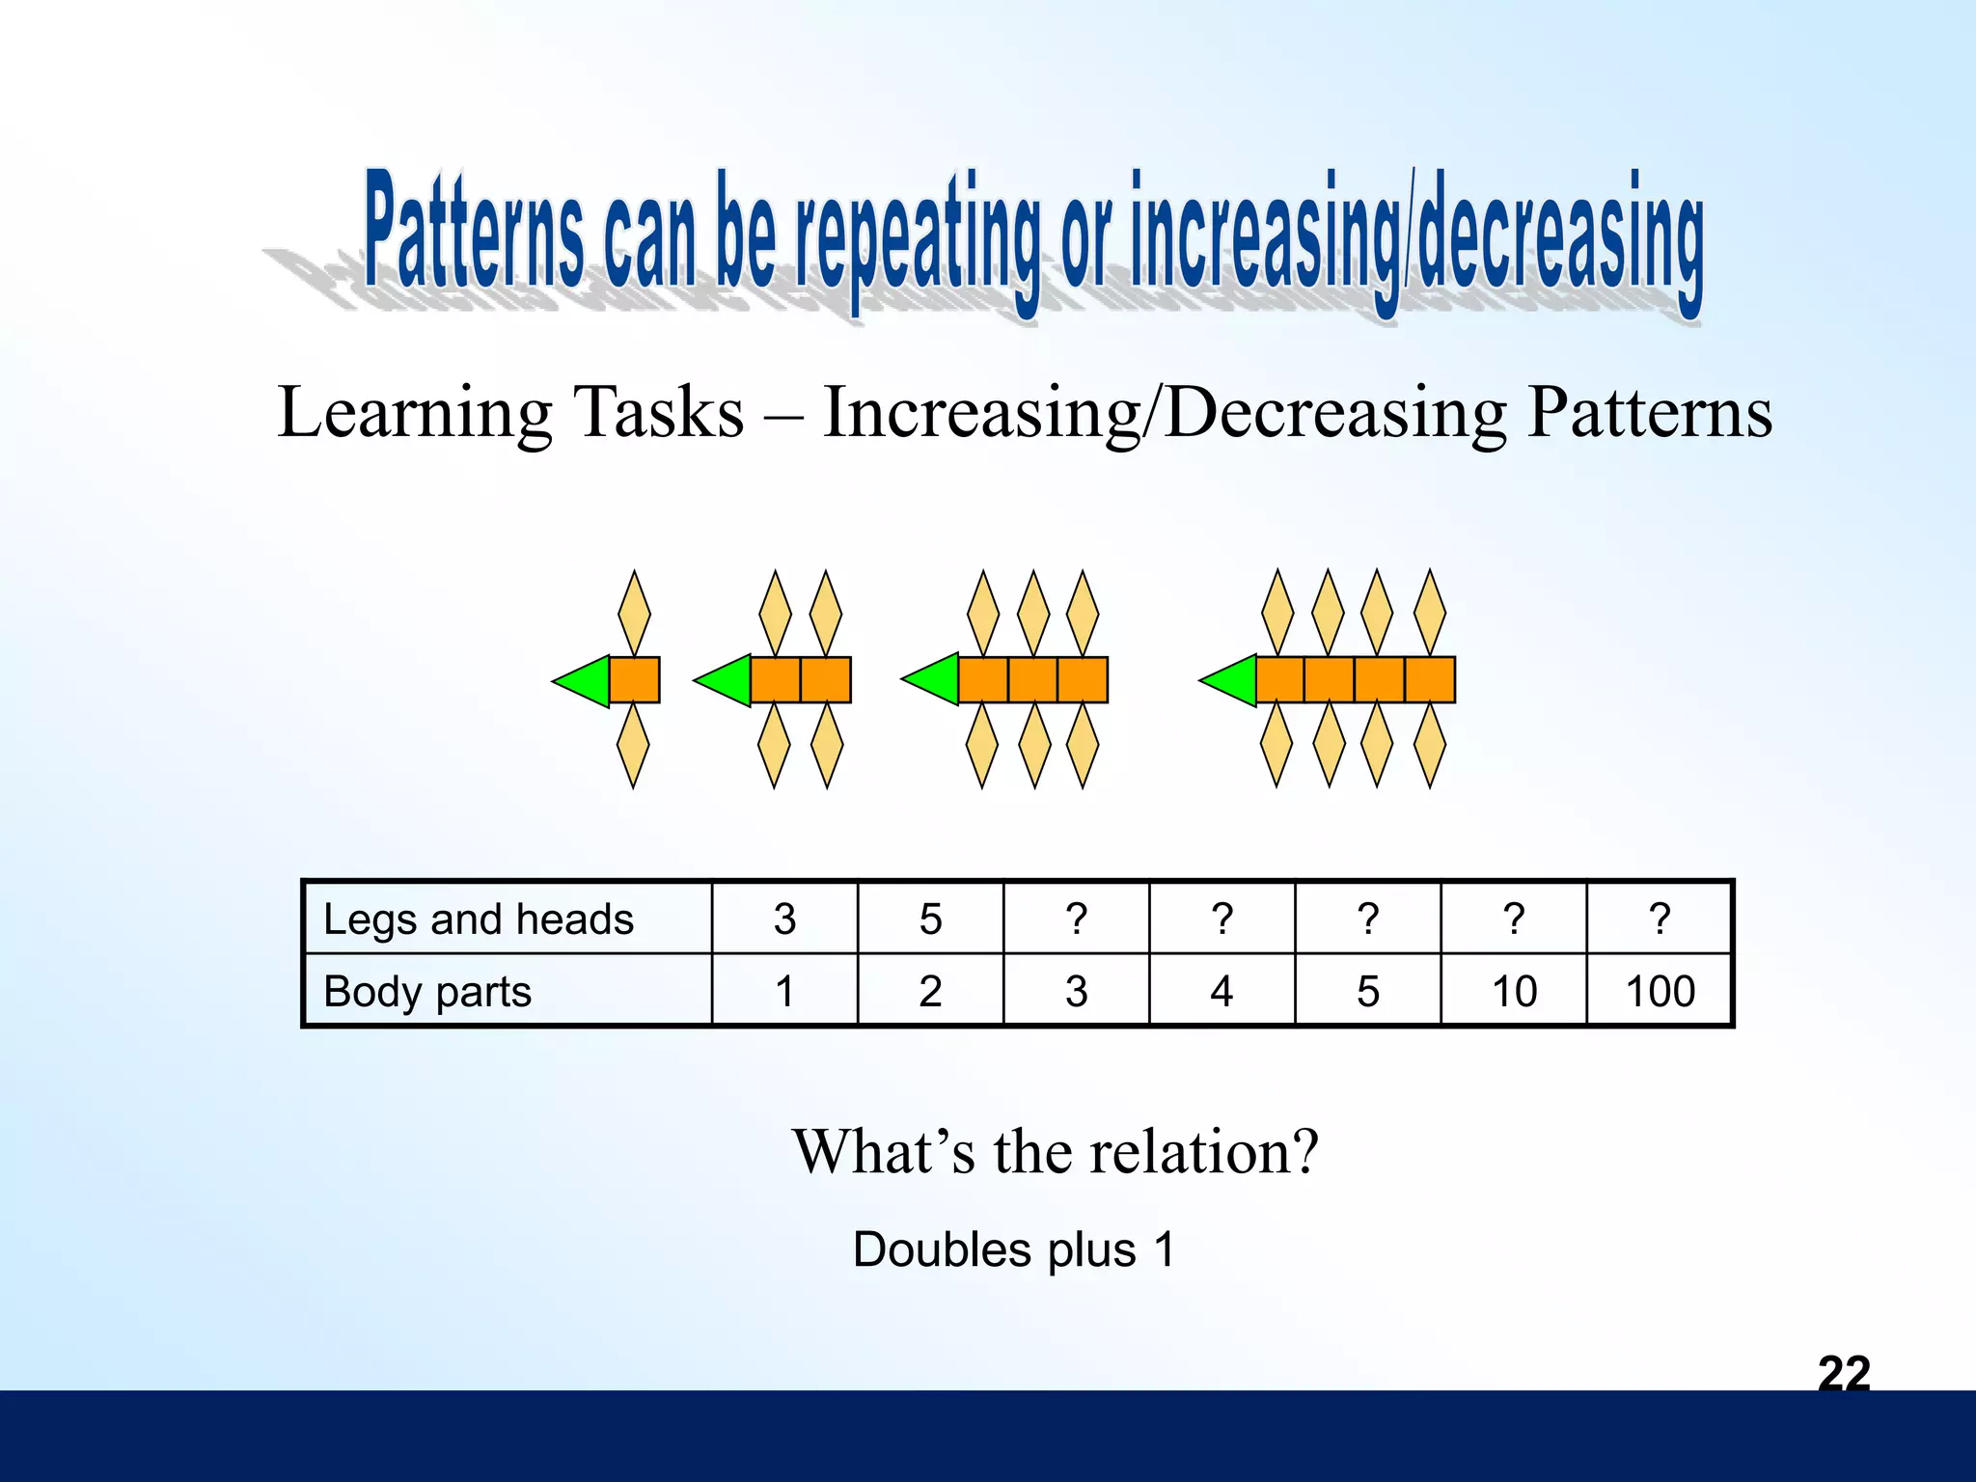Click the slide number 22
(1843, 1373)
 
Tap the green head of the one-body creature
(588, 681)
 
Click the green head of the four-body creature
(1234, 680)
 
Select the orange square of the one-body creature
(635, 680)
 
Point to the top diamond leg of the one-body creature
(634, 613)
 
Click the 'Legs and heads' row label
(479, 919)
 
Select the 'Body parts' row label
(427, 991)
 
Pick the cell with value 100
(1660, 991)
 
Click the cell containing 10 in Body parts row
(1513, 991)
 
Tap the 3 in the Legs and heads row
(784, 919)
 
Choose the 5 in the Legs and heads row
(930, 919)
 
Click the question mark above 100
(1660, 919)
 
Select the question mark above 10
(1513, 919)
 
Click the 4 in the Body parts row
(1221, 991)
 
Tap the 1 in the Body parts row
(784, 991)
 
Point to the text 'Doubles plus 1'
(1013, 1249)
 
